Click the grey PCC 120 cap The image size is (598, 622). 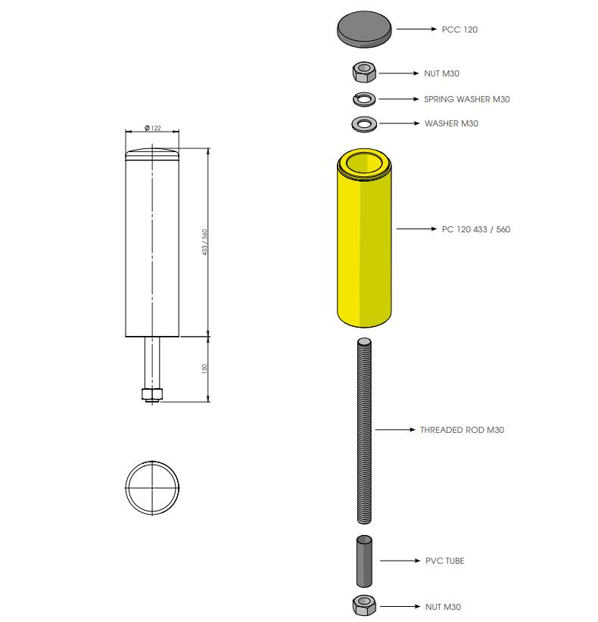point(364,29)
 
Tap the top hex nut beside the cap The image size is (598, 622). point(364,72)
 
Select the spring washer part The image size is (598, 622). point(364,99)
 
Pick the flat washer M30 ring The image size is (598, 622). point(364,124)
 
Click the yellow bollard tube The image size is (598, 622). point(364,238)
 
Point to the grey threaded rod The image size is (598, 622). point(364,431)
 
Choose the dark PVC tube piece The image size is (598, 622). point(364,561)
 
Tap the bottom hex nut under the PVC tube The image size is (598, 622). point(364,605)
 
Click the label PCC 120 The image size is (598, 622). point(459,30)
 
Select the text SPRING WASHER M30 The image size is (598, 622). point(466,99)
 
